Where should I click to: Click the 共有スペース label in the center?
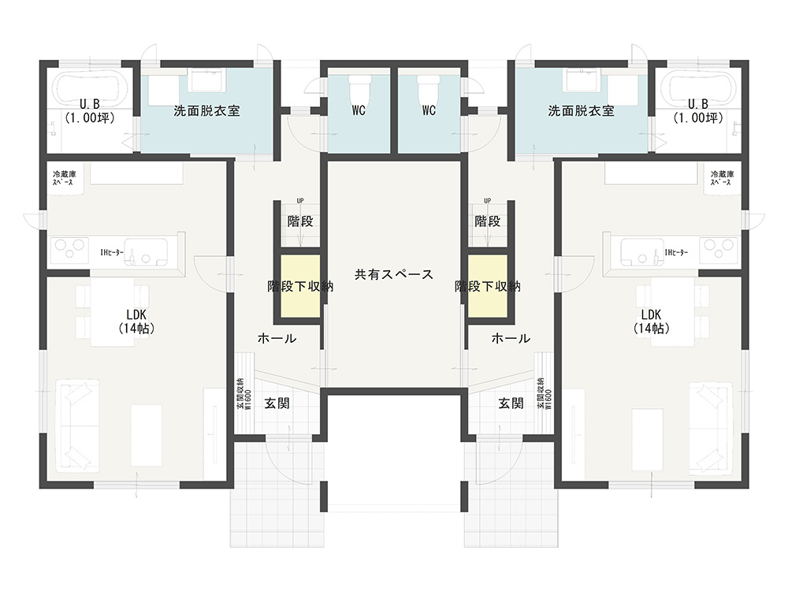tap(393, 274)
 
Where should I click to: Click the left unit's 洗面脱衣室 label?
tap(206, 110)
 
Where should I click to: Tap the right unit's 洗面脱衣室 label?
tap(581, 110)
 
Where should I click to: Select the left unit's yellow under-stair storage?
tap(300, 286)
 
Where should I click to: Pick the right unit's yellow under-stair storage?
tap(488, 286)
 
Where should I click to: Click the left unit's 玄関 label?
tap(277, 403)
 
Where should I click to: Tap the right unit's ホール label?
tap(511, 338)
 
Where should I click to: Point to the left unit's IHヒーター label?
tap(112, 253)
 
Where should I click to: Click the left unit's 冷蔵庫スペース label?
tap(65, 178)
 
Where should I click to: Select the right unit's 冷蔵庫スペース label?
tap(722, 178)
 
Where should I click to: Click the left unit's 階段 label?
tap(300, 221)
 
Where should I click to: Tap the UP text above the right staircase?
tap(488, 201)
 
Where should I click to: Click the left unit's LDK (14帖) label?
tap(136, 322)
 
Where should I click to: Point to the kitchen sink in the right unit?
tap(641, 252)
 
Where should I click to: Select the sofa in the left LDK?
tap(77, 426)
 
